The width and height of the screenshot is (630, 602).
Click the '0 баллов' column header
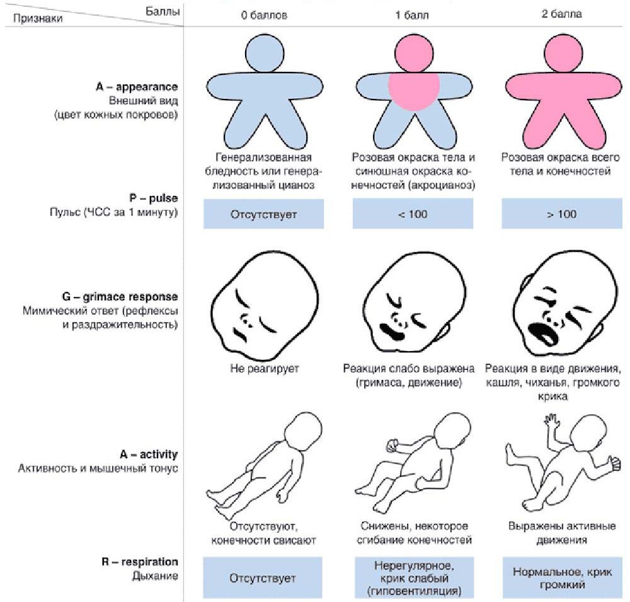264,14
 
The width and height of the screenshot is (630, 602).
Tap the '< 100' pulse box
413,214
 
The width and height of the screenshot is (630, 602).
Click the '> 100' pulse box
561,214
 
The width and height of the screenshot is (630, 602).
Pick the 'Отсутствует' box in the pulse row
264,214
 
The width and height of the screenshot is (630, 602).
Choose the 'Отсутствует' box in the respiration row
264,577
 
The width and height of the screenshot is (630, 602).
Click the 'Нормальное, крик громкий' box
561,577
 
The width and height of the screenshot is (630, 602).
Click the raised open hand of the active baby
553,420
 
